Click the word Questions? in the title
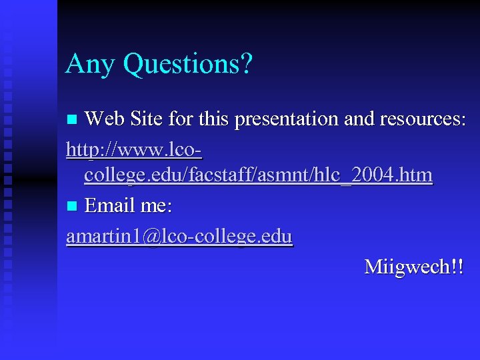pos(188,65)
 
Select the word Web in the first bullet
pos(105,119)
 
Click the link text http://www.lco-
pos(134,148)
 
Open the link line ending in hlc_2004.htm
pos(258,175)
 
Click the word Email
pos(111,205)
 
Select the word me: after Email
pos(156,205)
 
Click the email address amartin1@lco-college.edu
pos(179,236)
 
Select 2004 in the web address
pos(376,175)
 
